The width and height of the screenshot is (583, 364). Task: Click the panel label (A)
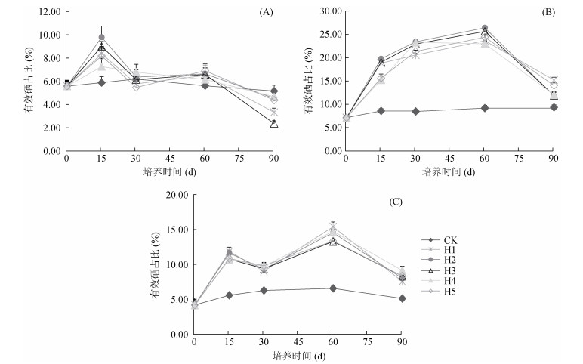pyautogui.click(x=265, y=13)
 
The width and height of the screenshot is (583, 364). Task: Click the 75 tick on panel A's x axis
pyautogui.click(x=239, y=159)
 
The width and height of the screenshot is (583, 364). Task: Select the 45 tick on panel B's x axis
pyautogui.click(x=449, y=159)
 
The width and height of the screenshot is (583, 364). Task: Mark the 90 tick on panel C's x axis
pyautogui.click(x=403, y=342)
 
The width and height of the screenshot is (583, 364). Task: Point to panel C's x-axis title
pyautogui.click(x=298, y=355)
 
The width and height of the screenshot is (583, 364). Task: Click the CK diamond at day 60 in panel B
pyautogui.click(x=484, y=108)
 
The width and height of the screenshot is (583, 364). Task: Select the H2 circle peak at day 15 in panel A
pyautogui.click(x=101, y=37)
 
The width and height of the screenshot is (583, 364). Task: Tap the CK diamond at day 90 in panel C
pyautogui.click(x=403, y=298)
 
